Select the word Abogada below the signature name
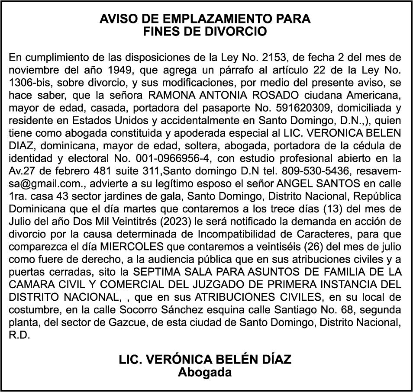click(x=205, y=372)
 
